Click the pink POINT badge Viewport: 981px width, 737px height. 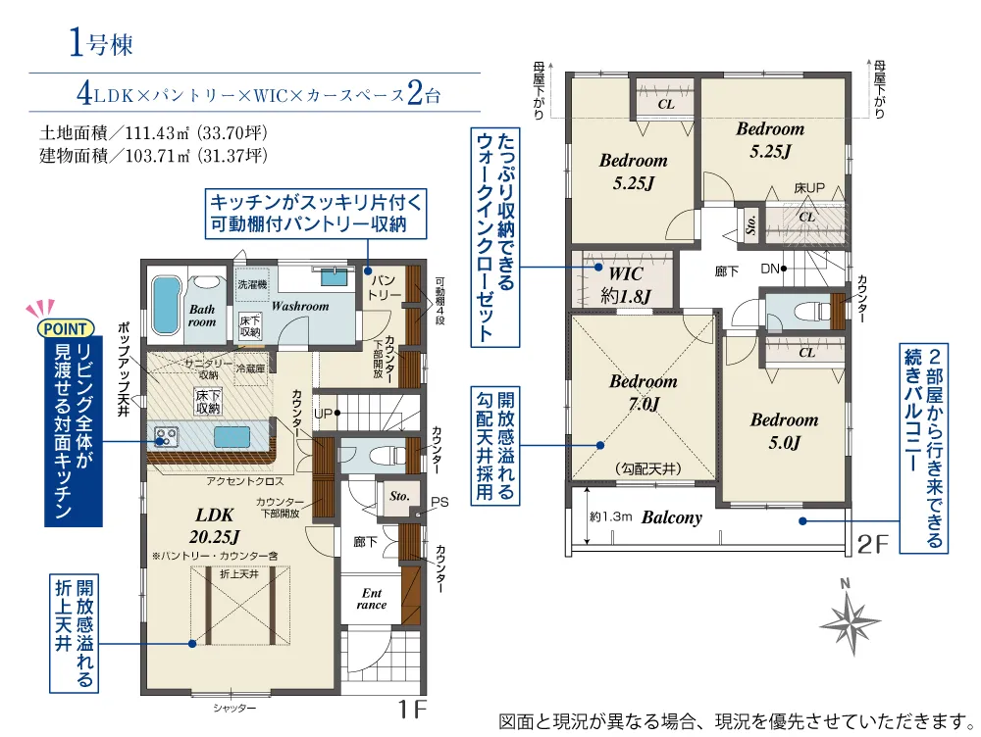tap(66, 328)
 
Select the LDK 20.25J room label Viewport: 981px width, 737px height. tap(215, 525)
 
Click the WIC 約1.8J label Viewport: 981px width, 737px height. tap(626, 284)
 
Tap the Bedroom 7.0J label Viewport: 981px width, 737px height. tap(644, 393)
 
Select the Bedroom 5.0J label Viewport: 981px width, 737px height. tap(785, 431)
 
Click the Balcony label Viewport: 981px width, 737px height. tap(672, 517)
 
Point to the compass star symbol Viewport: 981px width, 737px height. tap(850, 621)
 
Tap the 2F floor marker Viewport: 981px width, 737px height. tap(873, 545)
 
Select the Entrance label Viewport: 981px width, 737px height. tap(372, 599)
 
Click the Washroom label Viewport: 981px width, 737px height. tap(300, 307)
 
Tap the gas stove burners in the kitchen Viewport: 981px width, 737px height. tap(166, 436)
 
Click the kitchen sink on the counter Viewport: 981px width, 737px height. tap(232, 436)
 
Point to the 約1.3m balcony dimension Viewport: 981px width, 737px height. tap(610, 516)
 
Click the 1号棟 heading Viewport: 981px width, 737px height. tap(101, 44)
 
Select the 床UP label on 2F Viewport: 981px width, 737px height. tap(809, 187)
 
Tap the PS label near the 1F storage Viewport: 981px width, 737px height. tap(439, 502)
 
